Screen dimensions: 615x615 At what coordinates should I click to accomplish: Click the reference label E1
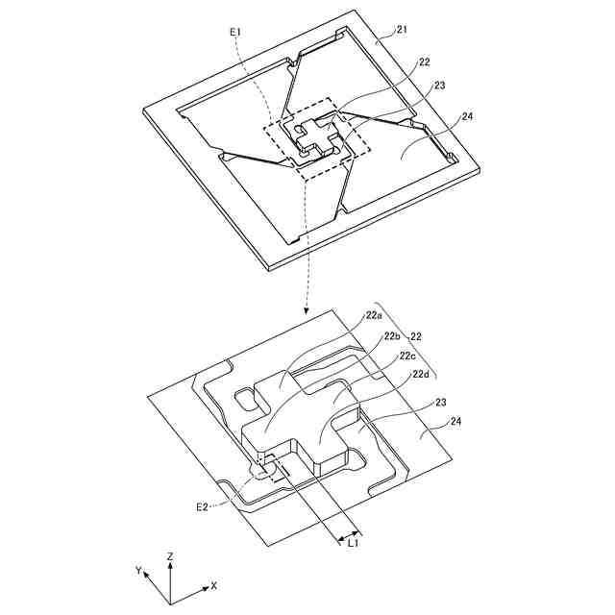coord(235,33)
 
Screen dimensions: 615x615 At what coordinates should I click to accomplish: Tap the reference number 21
coord(403,31)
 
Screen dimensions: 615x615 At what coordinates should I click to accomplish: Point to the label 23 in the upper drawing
coord(439,86)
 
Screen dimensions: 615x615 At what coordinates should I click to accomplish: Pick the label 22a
coord(373,315)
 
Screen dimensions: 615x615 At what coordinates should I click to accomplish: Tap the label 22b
coord(392,336)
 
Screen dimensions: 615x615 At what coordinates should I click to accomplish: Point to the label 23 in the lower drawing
coord(442,405)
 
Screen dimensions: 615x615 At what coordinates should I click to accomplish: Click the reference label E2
coord(204,505)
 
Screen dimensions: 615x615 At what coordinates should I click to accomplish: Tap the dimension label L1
coord(353,544)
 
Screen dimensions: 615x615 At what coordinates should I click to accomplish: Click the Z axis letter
coord(169,556)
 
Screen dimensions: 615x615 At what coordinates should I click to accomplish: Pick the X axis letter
coord(213,585)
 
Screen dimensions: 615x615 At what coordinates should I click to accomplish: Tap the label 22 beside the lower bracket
coord(418,336)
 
